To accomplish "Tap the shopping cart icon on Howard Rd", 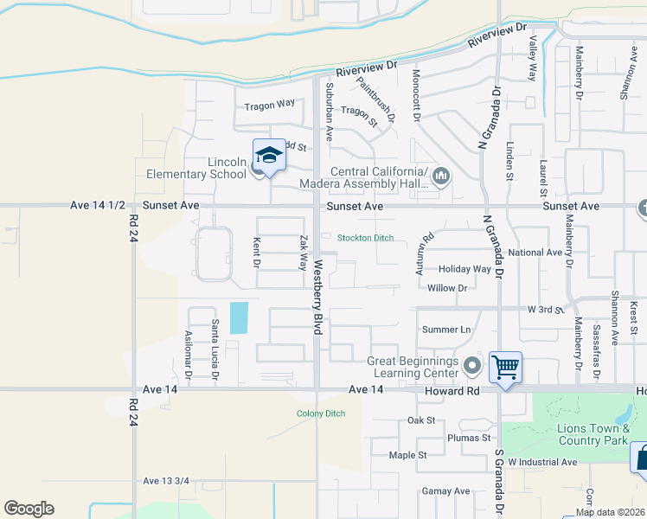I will tap(505, 366).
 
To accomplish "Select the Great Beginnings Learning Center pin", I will tap(471, 366).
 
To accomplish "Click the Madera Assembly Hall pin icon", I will tap(441, 176).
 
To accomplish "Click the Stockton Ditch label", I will tap(365, 238).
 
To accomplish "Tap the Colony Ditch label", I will tap(321, 413).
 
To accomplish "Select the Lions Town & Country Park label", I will tap(580, 434).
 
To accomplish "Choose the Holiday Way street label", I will tap(464, 269).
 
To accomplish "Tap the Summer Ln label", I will tap(446, 330).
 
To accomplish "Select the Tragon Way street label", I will tap(269, 106).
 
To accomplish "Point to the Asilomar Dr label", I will tap(188, 354).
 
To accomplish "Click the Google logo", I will tap(29, 509).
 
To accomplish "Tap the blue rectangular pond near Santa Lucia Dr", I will tap(238, 317).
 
